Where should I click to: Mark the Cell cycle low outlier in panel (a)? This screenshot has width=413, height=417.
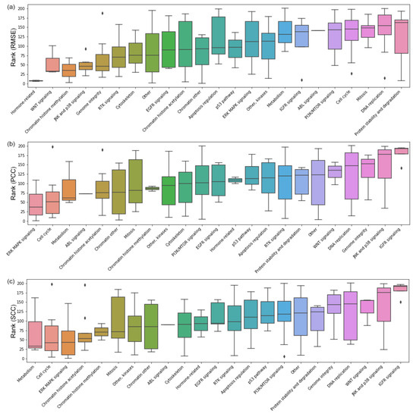point(352,74)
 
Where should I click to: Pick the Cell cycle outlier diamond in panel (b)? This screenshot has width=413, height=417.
point(52,147)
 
